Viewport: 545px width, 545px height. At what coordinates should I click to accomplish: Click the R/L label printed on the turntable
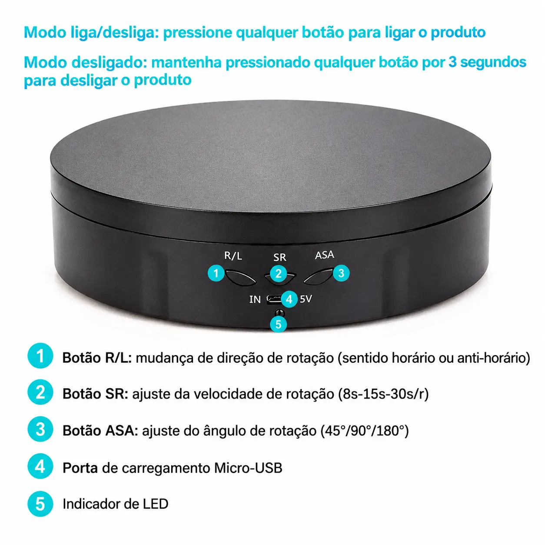pos(233,256)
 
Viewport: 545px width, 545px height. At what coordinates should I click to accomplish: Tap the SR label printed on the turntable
pos(280,257)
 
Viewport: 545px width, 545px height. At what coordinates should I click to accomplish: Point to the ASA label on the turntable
pos(324,255)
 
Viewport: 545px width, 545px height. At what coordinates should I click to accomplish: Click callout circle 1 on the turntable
pos(216,273)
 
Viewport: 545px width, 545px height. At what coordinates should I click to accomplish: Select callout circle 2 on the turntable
pos(279,273)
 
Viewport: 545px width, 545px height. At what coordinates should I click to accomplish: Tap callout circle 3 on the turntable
pos(341,273)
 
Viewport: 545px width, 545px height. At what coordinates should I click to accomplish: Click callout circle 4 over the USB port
pos(289,299)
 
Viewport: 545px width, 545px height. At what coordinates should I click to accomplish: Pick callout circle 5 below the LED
pos(279,324)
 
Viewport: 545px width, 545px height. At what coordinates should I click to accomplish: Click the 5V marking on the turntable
pos(306,299)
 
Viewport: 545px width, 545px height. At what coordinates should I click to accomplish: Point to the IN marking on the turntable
pos(255,299)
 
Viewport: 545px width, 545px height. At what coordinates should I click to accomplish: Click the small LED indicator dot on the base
pos(280,313)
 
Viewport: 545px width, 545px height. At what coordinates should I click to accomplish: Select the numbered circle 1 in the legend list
pos(40,356)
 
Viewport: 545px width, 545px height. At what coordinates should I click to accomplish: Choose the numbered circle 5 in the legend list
pos(40,504)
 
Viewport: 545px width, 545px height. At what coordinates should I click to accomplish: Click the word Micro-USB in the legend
pos(248,468)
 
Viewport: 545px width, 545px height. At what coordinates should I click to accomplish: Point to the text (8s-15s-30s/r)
pos(383,394)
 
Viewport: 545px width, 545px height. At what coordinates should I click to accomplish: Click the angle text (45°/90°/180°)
pos(365,431)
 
